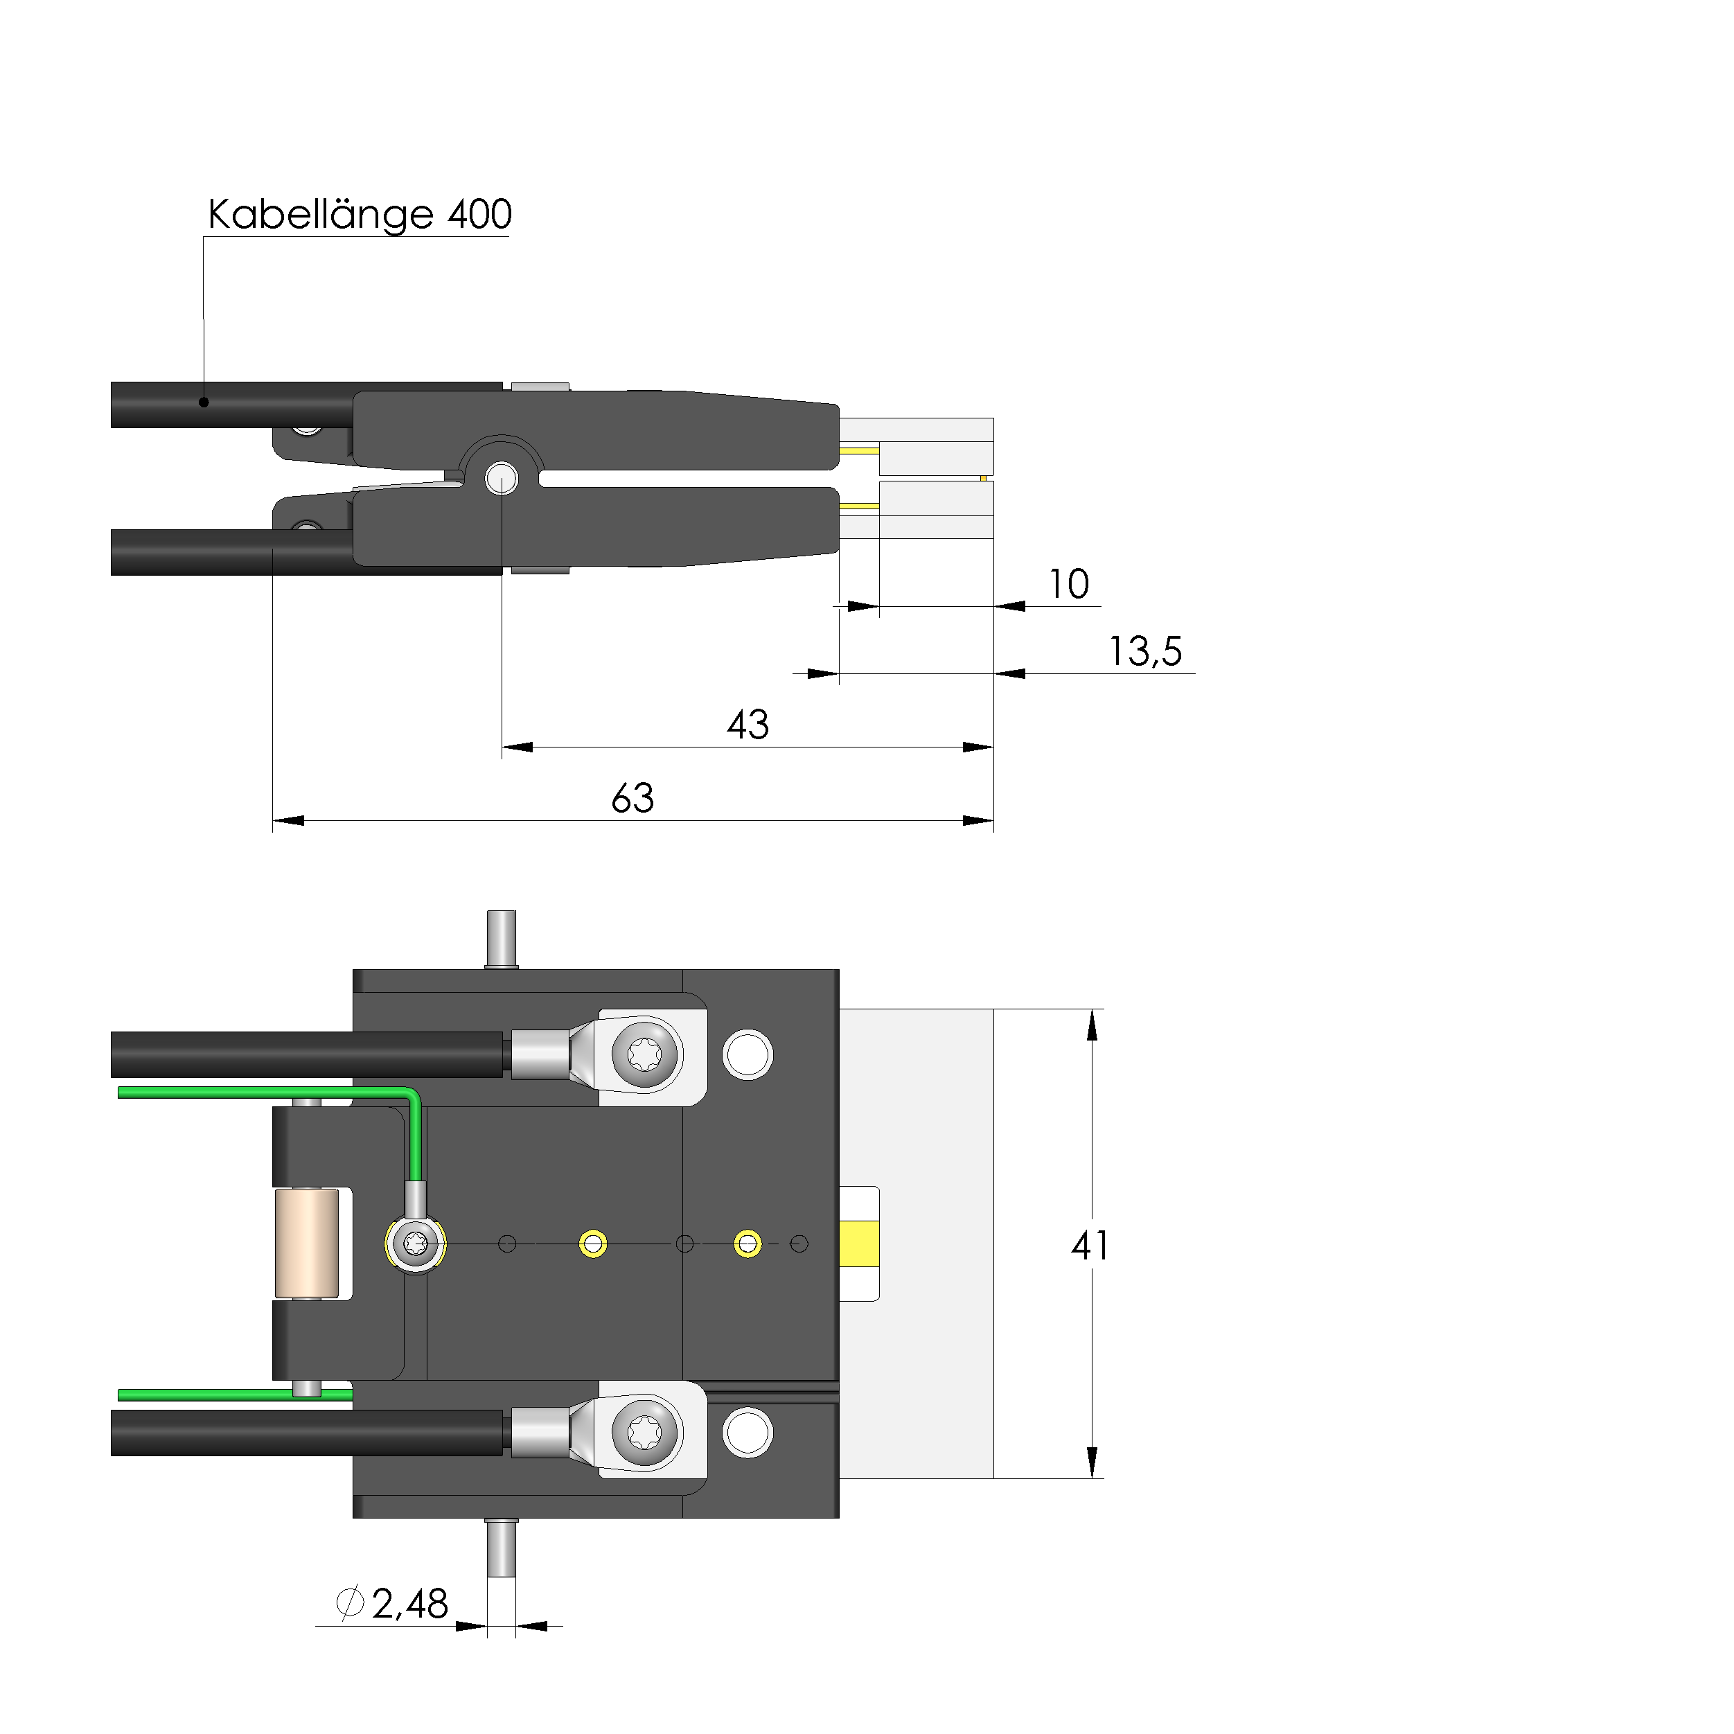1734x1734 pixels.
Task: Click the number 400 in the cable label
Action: [480, 215]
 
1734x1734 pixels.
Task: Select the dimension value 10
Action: [1069, 584]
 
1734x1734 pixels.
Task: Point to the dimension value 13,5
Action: [1145, 652]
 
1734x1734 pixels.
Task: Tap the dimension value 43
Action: [747, 725]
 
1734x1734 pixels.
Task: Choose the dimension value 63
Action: [632, 798]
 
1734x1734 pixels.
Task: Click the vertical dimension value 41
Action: [1090, 1246]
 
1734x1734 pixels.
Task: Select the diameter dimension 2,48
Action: [409, 1604]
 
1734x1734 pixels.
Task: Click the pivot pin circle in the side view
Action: [502, 479]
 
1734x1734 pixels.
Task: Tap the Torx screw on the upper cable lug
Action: [645, 1054]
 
